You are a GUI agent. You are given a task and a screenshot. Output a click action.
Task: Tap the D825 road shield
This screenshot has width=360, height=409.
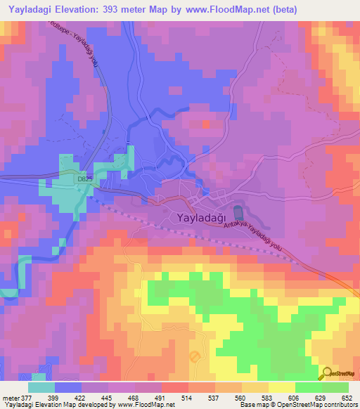tap(85, 179)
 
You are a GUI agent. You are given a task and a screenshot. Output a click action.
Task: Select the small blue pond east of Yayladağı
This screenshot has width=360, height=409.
tap(238, 210)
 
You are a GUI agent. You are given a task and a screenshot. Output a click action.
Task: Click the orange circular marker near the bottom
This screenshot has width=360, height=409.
tap(194, 357)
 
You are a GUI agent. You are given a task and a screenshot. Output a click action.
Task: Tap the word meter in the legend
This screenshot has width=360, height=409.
tap(10, 398)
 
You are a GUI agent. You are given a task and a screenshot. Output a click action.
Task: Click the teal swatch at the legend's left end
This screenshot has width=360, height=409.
tap(41, 387)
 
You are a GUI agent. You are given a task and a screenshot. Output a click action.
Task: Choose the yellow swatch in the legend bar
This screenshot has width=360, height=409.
tap(282, 387)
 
